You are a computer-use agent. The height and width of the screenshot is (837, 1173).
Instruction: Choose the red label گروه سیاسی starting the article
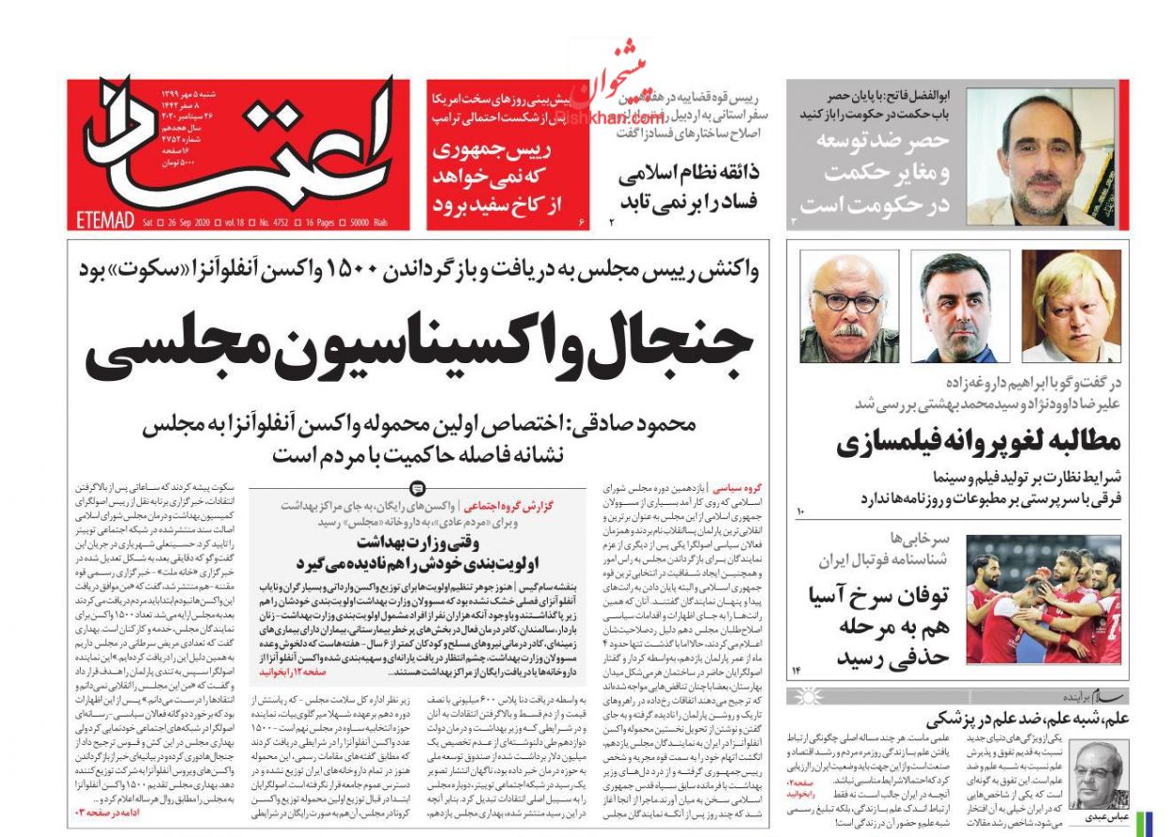739,489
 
